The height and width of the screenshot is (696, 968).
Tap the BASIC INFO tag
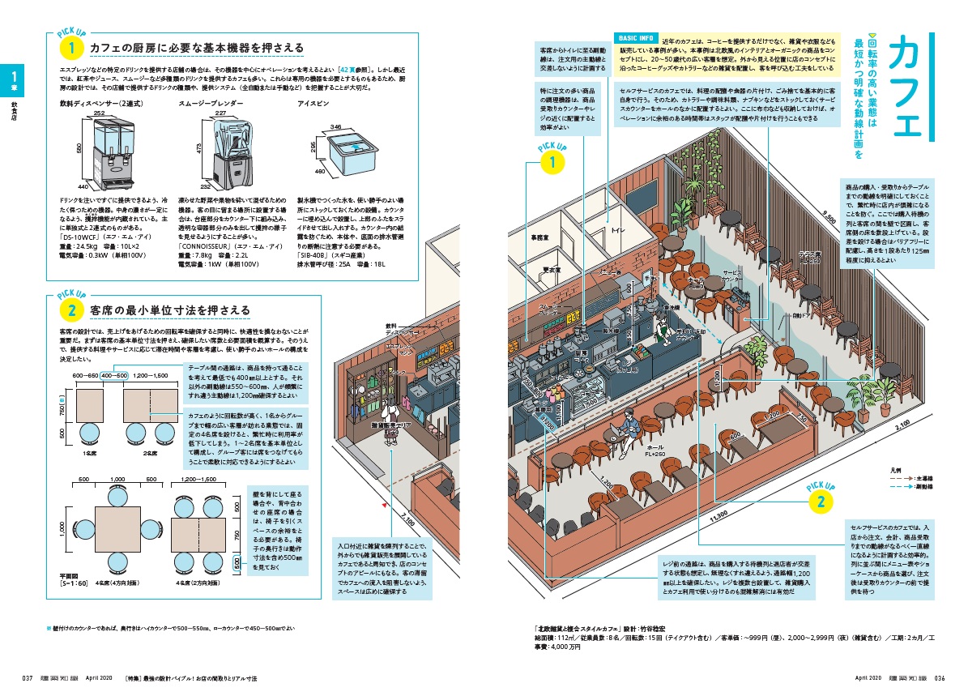[x=637, y=38]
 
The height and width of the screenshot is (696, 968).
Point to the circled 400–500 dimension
[x=113, y=375]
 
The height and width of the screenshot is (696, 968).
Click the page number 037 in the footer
[x=27, y=678]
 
